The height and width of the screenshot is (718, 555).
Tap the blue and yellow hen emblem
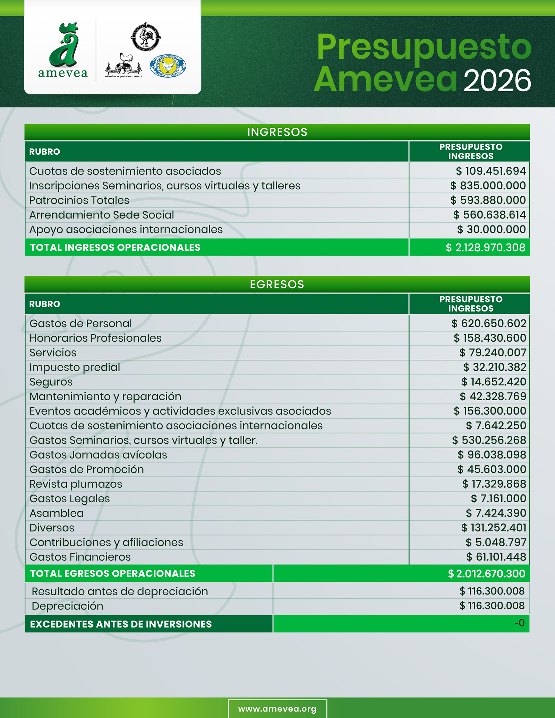click(x=168, y=66)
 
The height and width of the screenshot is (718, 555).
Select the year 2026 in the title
click(x=497, y=81)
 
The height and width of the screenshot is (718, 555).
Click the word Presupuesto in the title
click(x=424, y=47)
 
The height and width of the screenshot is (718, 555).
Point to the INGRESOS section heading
click(x=277, y=132)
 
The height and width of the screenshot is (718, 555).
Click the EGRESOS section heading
click(x=277, y=284)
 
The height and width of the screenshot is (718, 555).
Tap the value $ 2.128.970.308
click(x=485, y=247)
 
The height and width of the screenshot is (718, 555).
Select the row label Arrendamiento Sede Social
click(x=102, y=215)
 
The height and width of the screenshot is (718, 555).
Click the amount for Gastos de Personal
click(x=489, y=323)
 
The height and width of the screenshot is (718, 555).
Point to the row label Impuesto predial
click(x=75, y=367)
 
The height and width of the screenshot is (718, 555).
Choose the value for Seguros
click(x=494, y=382)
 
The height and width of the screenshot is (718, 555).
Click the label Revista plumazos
click(x=76, y=484)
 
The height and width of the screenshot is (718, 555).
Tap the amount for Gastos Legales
click(x=498, y=498)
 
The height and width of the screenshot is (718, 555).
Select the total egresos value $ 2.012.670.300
click(x=486, y=574)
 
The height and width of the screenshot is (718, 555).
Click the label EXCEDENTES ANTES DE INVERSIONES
click(x=121, y=624)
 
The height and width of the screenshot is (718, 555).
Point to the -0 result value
click(x=519, y=623)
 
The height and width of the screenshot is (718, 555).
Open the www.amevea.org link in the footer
click(x=277, y=709)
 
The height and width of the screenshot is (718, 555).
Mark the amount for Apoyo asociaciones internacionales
click(x=491, y=229)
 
